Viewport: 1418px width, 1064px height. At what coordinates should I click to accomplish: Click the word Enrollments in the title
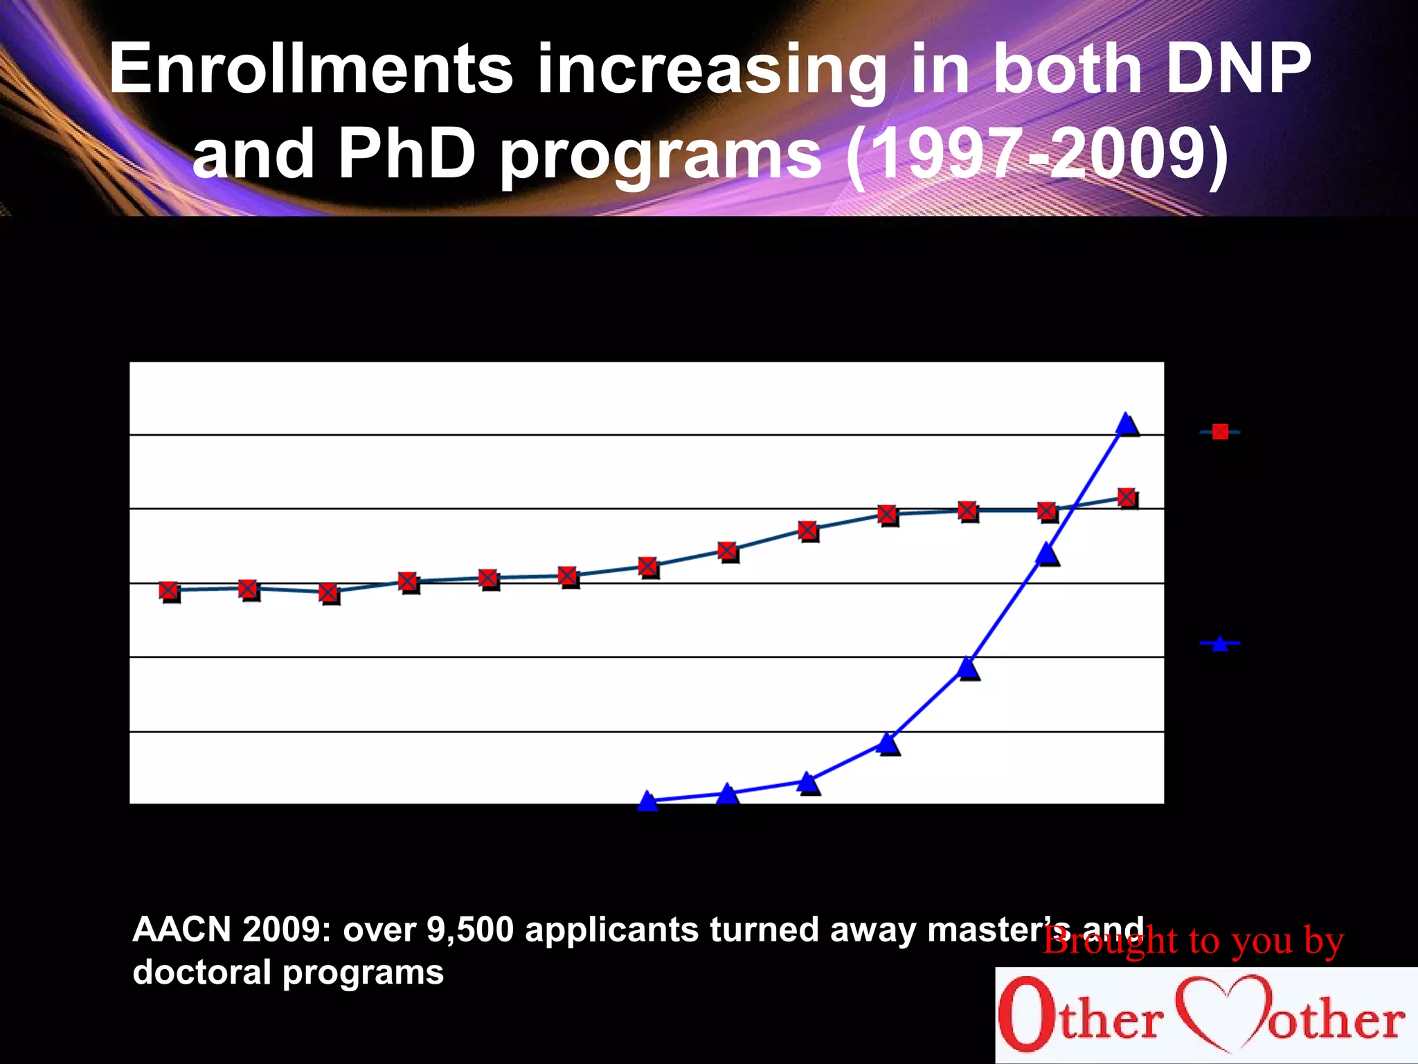[312, 69]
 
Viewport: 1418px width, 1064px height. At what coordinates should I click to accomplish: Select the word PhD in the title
[407, 154]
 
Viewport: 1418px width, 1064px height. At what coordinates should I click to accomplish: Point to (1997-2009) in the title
[1036, 154]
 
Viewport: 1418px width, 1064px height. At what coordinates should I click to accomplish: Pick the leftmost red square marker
[170, 590]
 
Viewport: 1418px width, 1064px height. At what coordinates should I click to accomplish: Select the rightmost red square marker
[1127, 497]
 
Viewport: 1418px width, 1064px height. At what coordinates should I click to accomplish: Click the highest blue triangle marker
[1127, 424]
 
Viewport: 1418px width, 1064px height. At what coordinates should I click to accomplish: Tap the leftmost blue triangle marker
[647, 801]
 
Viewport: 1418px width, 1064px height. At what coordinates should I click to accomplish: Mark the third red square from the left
[330, 593]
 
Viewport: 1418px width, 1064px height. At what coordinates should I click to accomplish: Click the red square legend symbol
[1220, 432]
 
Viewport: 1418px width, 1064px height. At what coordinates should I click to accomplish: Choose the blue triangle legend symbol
[1220, 644]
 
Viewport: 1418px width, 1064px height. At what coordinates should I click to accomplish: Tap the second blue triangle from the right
[1048, 554]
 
